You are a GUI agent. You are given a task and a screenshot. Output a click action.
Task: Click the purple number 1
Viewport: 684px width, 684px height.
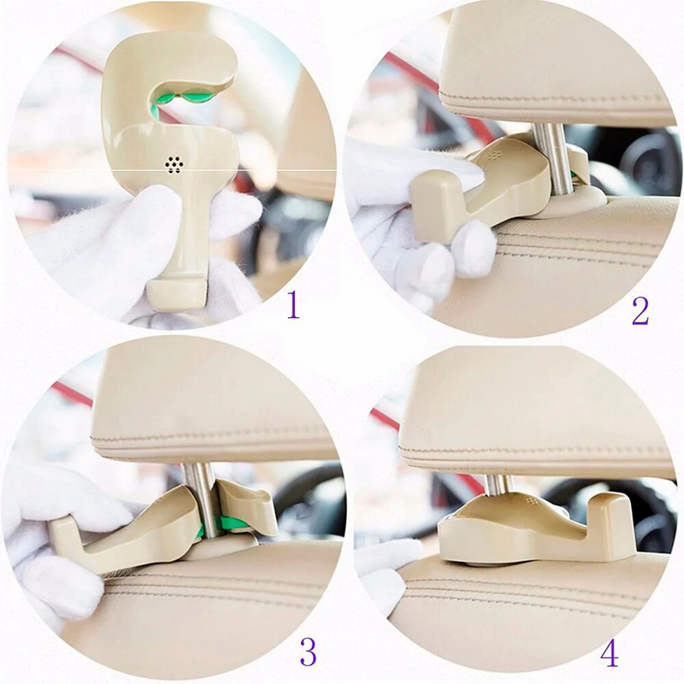(293, 305)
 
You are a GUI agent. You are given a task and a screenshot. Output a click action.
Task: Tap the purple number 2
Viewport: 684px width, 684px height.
(640, 310)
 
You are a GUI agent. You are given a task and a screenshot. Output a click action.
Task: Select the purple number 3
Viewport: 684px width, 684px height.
(308, 652)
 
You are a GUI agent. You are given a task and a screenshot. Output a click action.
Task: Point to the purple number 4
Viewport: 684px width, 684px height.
(610, 652)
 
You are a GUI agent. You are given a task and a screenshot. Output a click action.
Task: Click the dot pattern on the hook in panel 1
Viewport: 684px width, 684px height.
(174, 164)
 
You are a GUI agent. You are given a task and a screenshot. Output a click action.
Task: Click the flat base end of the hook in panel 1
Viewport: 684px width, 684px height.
(177, 295)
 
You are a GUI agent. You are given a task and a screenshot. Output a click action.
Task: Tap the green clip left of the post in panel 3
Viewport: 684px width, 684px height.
(200, 531)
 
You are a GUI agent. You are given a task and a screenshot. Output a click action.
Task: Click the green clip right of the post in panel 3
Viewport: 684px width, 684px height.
(232, 522)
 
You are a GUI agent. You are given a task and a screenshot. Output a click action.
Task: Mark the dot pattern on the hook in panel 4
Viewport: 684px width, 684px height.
(531, 500)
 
